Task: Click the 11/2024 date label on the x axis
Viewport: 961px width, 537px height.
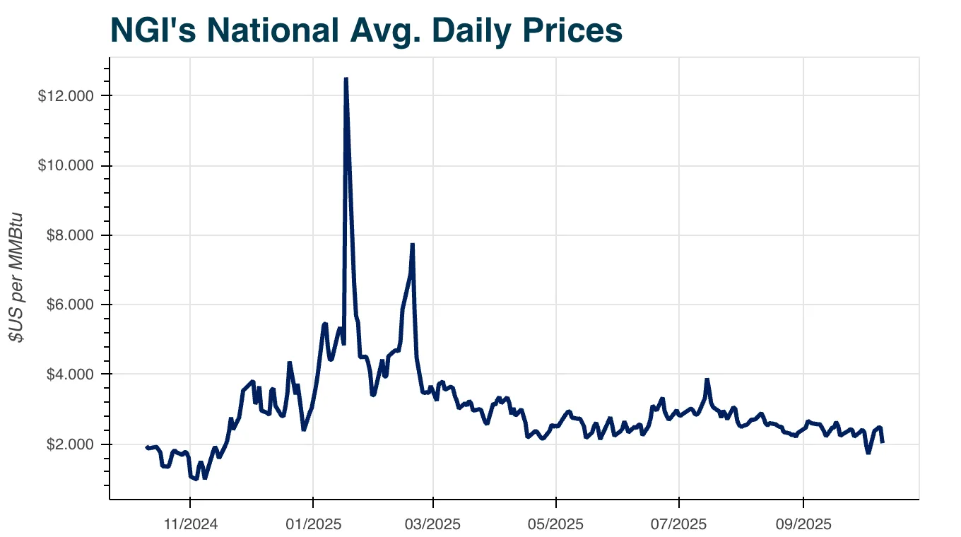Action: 190,524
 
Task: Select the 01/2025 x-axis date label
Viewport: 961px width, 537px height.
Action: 312,524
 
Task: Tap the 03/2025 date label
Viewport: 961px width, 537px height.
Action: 433,524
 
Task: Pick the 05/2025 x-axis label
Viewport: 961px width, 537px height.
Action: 556,524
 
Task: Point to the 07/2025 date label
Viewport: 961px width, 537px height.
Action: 679,524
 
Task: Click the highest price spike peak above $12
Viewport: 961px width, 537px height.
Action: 346,78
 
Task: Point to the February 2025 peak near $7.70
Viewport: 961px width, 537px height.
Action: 413,244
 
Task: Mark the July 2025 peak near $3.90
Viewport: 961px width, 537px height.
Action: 706,379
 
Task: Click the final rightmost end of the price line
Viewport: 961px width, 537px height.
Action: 883,442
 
